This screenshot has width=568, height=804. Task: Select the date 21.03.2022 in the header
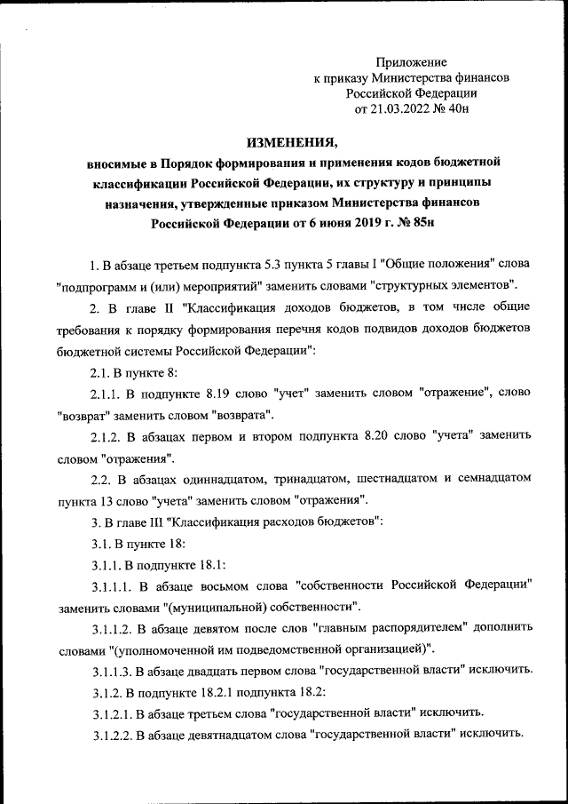pyautogui.click(x=397, y=109)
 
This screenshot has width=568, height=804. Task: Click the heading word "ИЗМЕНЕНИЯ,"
pyautogui.click(x=292, y=142)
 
